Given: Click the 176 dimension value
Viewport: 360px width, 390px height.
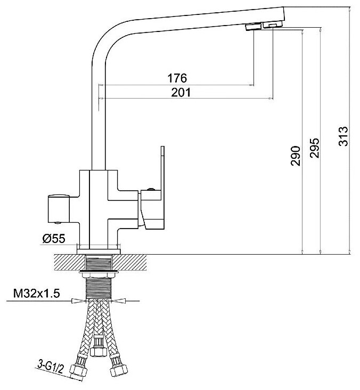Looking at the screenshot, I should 177,78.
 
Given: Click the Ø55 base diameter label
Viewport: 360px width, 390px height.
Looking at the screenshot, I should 54,239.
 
